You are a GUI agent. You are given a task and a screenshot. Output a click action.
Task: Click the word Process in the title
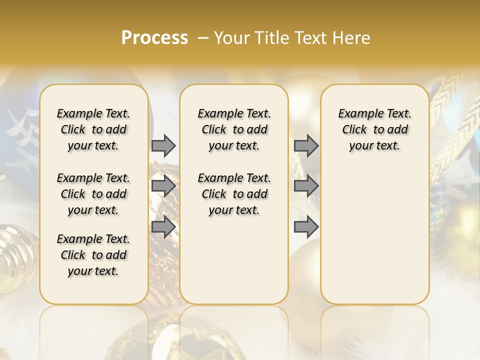tap(154, 38)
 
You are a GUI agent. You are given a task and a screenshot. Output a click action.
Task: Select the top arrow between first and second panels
tap(163, 146)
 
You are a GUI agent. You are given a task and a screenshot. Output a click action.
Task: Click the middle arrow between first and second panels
tap(163, 186)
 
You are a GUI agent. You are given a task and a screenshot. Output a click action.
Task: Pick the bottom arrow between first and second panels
tap(163, 227)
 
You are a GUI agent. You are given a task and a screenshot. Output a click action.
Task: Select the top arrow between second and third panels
tap(306, 146)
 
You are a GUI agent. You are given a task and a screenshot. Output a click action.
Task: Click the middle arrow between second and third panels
tap(306, 186)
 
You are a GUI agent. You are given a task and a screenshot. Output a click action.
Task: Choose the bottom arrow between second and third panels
tap(306, 227)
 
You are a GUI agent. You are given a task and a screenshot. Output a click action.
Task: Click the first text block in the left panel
tap(93, 129)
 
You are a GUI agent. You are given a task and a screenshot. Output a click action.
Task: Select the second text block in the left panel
tap(93, 194)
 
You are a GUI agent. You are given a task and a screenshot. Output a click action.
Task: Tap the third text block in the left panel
tap(93, 255)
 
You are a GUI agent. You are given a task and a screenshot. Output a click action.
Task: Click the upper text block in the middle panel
tap(234, 129)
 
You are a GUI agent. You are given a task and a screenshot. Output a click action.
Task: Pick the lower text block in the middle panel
tap(234, 194)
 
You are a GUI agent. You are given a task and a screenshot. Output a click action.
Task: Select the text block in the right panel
tap(374, 129)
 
